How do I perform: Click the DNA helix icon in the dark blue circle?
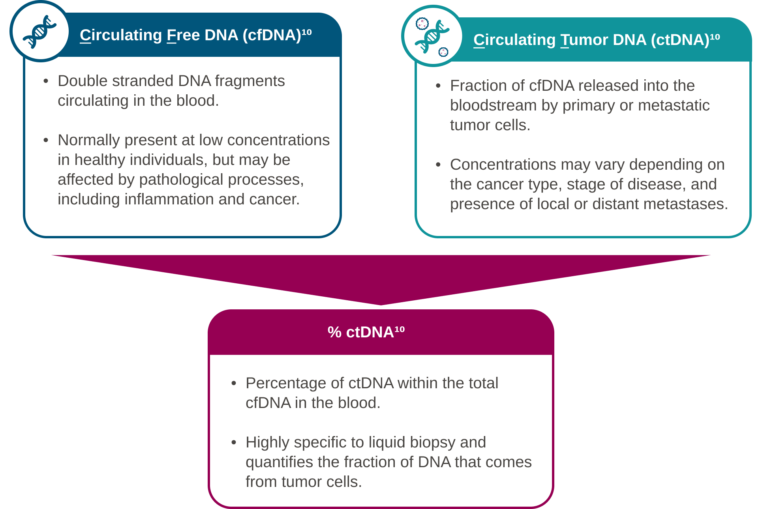[x=39, y=32]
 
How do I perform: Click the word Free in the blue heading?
[x=183, y=35]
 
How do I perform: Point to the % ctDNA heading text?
[x=366, y=332]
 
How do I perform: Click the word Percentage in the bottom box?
[x=286, y=384]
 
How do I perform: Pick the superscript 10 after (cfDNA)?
[x=307, y=32]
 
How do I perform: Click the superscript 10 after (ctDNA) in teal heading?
[x=715, y=37]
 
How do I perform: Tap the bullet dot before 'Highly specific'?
[x=234, y=443]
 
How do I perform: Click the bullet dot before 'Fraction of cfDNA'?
[x=438, y=86]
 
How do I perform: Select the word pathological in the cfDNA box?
[x=181, y=180]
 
